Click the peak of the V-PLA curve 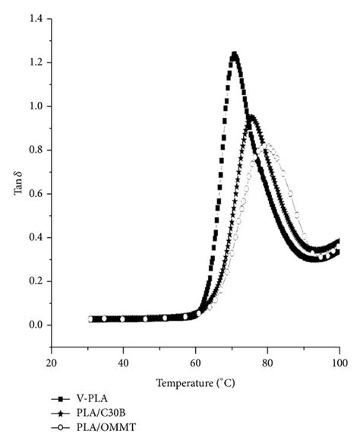click(x=235, y=55)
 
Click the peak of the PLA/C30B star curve click(x=251, y=117)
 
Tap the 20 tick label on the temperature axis click(x=51, y=363)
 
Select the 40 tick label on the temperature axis click(x=123, y=363)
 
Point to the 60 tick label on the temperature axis click(x=195, y=363)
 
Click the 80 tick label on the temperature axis click(x=267, y=363)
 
